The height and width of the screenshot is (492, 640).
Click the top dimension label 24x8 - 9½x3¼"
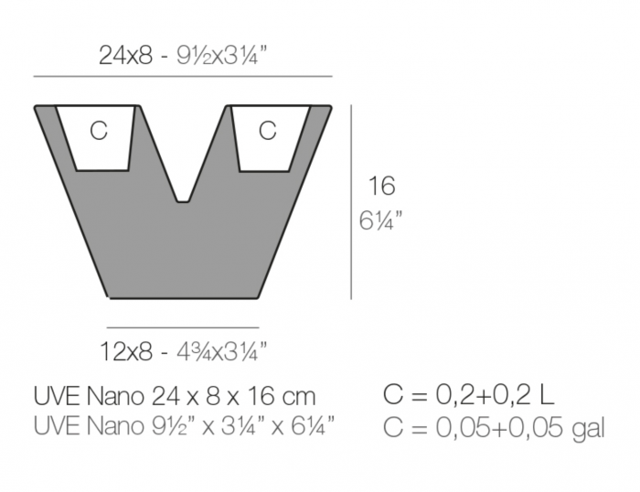coord(182,56)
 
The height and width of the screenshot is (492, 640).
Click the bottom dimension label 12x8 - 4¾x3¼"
coord(183,349)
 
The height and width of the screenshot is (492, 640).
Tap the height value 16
coord(381,187)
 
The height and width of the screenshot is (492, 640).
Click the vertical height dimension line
coord(352,201)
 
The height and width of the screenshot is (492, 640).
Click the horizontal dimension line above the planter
coord(182,76)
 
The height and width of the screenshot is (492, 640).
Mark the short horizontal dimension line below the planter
coord(183,326)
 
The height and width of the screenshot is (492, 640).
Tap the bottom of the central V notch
coord(183,198)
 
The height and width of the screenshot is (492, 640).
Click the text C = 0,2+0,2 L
coord(469,396)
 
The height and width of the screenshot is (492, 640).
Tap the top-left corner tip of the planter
coord(37,107)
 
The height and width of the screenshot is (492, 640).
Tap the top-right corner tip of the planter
coord(329,107)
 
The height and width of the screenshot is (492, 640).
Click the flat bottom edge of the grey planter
coord(183,297)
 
